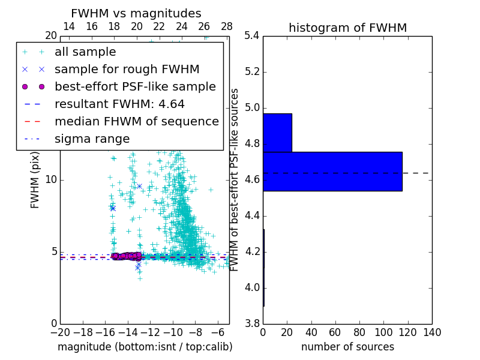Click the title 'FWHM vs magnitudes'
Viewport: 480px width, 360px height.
[136, 13]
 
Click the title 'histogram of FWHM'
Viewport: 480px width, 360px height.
[347, 28]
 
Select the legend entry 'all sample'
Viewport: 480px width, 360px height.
[85, 52]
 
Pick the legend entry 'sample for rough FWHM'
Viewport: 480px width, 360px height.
[127, 69]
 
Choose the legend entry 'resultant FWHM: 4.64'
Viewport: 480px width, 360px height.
[119, 104]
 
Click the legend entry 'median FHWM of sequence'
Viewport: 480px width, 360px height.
[136, 121]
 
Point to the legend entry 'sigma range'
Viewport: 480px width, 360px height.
[92, 139]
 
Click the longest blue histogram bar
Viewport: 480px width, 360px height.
[332, 171]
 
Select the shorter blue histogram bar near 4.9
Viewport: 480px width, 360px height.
[277, 133]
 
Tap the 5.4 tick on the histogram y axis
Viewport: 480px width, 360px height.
[252, 36]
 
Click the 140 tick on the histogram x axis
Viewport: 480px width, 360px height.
[431, 332]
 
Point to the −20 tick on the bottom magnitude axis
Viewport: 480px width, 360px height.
[60, 332]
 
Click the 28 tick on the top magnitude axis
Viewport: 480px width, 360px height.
[227, 26]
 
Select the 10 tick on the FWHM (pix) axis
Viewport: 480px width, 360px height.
[51, 179]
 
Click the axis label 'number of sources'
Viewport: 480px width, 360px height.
[347, 347]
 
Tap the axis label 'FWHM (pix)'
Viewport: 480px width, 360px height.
[35, 180]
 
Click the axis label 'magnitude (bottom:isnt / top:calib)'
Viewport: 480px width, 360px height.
[145, 347]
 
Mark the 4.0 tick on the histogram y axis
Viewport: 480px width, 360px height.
[252, 287]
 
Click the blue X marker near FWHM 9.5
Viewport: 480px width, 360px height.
[139, 186]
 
